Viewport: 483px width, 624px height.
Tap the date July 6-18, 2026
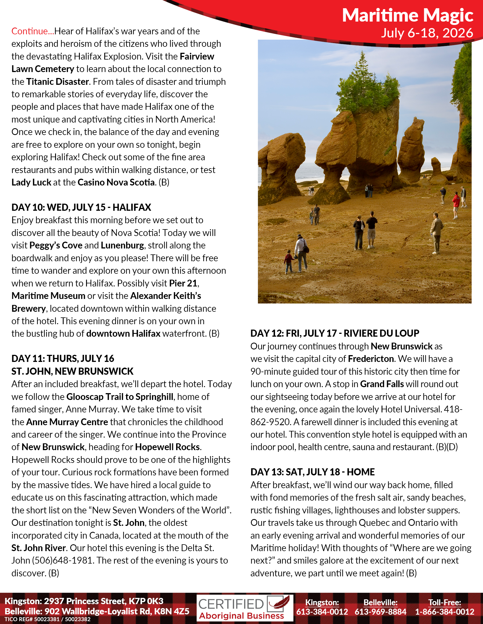pos(427,33)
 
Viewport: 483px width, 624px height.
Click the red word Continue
pos(32,31)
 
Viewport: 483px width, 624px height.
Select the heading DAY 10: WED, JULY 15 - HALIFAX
pos(81,207)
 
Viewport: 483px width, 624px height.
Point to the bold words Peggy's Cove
pos(56,245)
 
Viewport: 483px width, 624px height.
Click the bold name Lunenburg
pos(122,245)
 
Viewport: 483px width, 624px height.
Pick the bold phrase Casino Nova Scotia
pos(116,182)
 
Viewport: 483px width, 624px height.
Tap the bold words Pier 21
pos(183,283)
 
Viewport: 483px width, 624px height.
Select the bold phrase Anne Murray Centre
pos(67,422)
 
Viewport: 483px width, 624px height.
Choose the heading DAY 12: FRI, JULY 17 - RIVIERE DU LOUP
pos(335,334)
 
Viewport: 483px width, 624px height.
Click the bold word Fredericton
pos(371,359)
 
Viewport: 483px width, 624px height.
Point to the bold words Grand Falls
pos(382,384)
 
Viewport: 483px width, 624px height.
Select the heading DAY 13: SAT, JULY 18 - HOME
pos(313,472)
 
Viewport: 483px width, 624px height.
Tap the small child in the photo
pos(289,261)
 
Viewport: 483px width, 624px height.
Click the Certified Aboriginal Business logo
pos(245,608)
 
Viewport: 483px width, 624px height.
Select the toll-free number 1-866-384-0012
pos(445,612)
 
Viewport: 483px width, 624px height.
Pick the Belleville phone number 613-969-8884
pos(380,612)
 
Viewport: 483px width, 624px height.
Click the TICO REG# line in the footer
pos(47,619)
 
